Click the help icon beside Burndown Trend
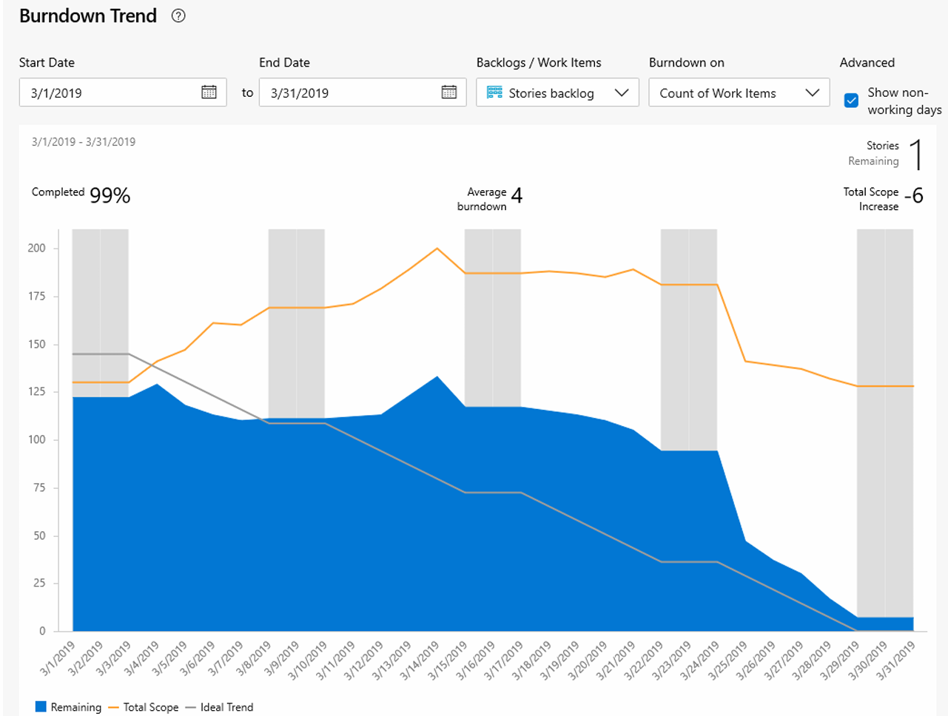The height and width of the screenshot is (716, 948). tap(178, 16)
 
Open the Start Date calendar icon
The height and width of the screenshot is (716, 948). tap(209, 92)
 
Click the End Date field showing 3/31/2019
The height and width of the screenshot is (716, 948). tap(348, 92)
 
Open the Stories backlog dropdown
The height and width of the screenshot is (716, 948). tap(557, 92)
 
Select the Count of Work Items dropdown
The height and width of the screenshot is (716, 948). tap(739, 92)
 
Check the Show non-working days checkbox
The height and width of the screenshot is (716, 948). tap(851, 101)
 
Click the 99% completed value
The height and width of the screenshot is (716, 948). tap(110, 195)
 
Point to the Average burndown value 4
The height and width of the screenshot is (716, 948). tap(517, 195)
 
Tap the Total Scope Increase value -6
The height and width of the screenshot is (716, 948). tap(914, 195)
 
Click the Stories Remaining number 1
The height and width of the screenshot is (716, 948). tap(916, 154)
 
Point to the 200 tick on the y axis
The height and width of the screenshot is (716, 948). tap(37, 248)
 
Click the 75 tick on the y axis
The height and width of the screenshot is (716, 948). tap(40, 487)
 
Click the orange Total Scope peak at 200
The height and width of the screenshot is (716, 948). tap(437, 249)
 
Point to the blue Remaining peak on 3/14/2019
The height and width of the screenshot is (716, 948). tap(437, 377)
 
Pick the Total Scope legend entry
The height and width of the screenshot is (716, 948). tap(144, 707)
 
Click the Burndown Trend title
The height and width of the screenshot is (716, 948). tap(88, 16)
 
